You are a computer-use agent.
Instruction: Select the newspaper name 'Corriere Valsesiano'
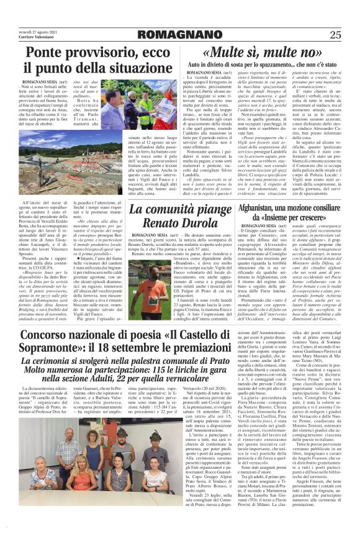pyautogui.click(x=37, y=37)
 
